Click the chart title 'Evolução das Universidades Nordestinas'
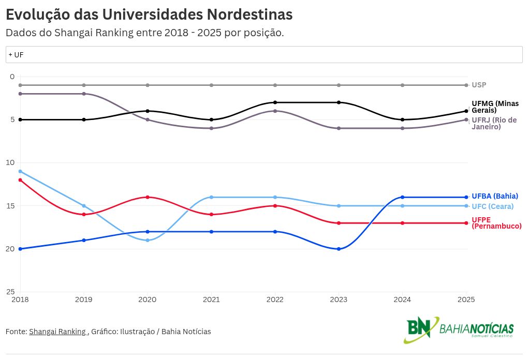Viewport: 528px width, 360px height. pyautogui.click(x=149, y=14)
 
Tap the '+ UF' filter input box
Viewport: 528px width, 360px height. pyautogui.click(x=264, y=54)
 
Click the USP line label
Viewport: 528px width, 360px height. pyautogui.click(x=479, y=85)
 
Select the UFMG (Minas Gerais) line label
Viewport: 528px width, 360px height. pyautogui.click(x=495, y=107)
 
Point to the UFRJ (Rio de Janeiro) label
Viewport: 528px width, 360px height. pyautogui.click(x=494, y=123)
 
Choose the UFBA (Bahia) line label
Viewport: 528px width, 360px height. pyautogui.click(x=494, y=196)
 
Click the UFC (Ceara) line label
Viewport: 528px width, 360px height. pyautogui.click(x=492, y=206)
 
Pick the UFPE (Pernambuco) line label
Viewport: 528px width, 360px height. pyautogui.click(x=496, y=222)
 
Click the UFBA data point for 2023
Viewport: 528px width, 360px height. pyautogui.click(x=339, y=249)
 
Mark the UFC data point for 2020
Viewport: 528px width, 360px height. pyautogui.click(x=148, y=240)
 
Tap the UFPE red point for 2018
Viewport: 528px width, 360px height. pyautogui.click(x=20, y=180)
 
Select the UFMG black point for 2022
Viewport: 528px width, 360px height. pyautogui.click(x=275, y=102)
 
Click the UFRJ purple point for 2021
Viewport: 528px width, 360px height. pyautogui.click(x=211, y=128)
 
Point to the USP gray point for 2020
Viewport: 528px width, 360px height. pyautogui.click(x=148, y=85)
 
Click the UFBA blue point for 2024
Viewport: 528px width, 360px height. pyautogui.click(x=402, y=197)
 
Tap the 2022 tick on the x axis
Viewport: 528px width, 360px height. pyautogui.click(x=275, y=299)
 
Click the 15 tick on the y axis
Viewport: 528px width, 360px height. pyautogui.click(x=11, y=206)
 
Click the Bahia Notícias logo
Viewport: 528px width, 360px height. pyautogui.click(x=459, y=329)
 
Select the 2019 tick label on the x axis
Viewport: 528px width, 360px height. pyautogui.click(x=84, y=299)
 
